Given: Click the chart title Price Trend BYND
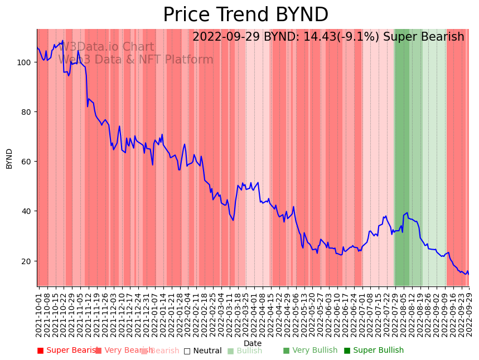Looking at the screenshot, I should [x=245, y=15].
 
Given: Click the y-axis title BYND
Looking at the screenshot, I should [x=9, y=158].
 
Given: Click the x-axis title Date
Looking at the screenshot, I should [x=253, y=343].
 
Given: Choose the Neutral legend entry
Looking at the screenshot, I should [x=207, y=351].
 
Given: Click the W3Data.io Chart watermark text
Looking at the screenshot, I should [x=106, y=47].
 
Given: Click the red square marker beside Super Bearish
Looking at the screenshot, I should [x=40, y=351].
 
